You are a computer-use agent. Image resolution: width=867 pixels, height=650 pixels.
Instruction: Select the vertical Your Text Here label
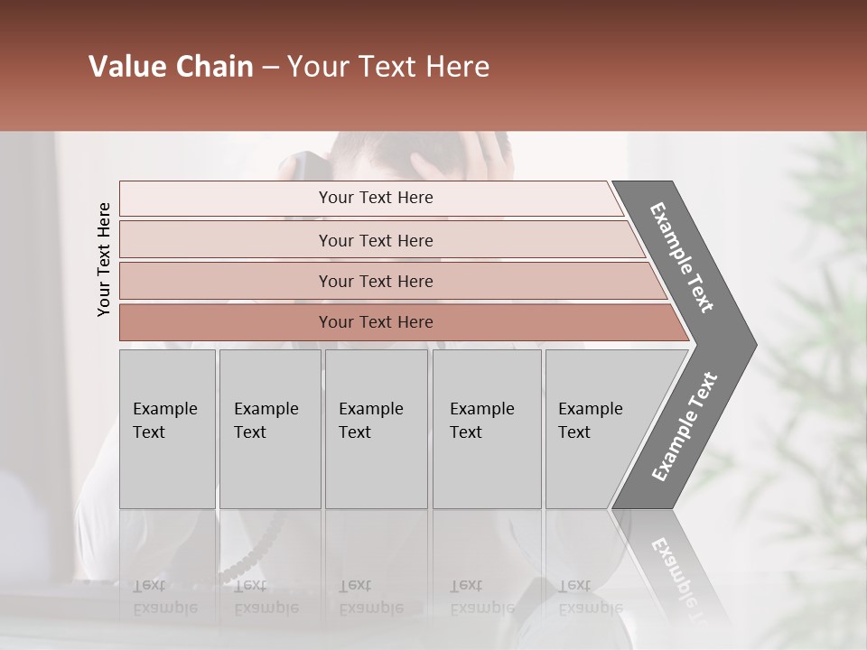point(104,260)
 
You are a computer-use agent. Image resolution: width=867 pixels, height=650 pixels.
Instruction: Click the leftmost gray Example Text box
point(167,428)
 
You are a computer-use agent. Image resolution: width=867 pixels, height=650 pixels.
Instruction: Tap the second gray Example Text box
point(269,428)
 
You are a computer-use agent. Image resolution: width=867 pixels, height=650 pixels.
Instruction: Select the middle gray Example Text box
point(376,428)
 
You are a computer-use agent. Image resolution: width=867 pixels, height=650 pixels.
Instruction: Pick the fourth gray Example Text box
point(486,428)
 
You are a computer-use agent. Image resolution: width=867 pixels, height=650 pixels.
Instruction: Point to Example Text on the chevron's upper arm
point(682,257)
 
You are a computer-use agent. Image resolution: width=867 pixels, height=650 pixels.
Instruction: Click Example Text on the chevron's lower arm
point(685,426)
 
